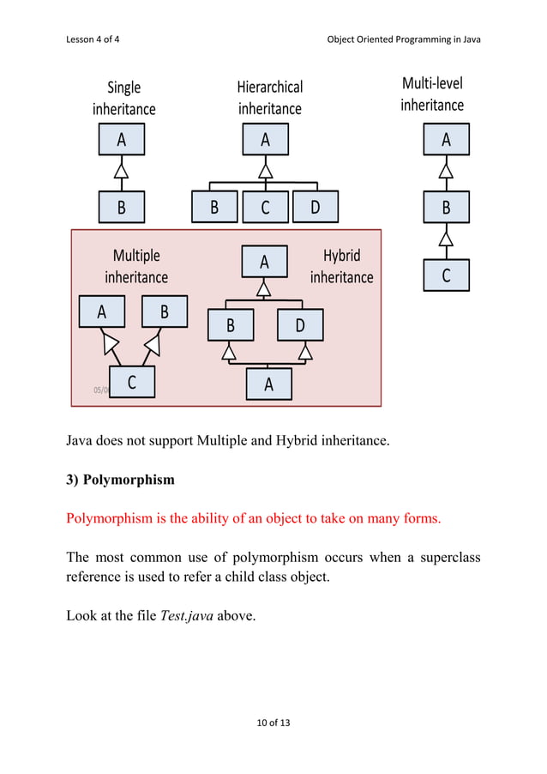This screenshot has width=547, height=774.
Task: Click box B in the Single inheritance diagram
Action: [121, 207]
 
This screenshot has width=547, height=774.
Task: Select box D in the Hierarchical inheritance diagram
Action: [315, 207]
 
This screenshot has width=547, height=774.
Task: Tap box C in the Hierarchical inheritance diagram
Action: [265, 207]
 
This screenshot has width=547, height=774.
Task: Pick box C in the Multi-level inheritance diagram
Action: [446, 275]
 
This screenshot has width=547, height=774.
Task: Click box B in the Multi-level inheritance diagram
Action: [446, 207]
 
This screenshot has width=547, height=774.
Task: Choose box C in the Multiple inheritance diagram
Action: [132, 383]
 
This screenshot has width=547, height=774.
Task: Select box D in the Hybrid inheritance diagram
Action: [300, 325]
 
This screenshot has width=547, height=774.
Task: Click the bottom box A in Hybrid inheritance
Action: [268, 384]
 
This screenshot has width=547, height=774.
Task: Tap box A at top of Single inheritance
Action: [121, 139]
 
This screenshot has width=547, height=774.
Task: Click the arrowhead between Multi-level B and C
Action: [446, 236]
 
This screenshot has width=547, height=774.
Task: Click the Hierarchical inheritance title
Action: [270, 98]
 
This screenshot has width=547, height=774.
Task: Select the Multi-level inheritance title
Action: [432, 94]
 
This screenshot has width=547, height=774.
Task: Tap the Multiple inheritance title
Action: [136, 266]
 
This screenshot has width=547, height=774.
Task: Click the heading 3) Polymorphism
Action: [120, 480]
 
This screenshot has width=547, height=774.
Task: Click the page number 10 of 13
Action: [273, 723]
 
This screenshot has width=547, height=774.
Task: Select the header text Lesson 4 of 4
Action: [93, 39]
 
